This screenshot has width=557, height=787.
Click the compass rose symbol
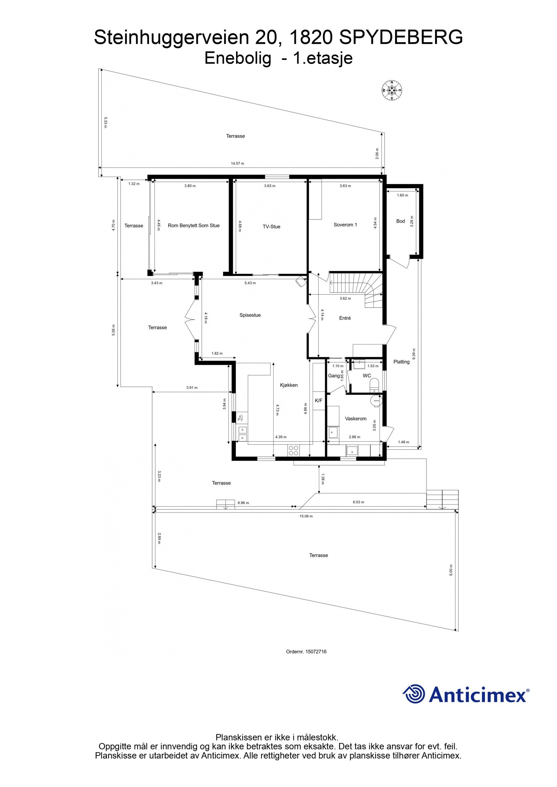[392, 90]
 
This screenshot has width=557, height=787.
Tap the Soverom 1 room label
[345, 225]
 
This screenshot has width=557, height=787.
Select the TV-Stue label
[271, 226]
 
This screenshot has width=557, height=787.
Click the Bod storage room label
[400, 221]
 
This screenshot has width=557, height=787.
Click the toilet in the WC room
[374, 385]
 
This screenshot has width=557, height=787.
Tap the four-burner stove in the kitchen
[293, 450]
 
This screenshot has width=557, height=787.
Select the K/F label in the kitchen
[319, 401]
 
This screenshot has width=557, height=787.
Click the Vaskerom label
[355, 419]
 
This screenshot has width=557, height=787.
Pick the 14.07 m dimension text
[237, 163]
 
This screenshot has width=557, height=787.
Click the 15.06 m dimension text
[306, 516]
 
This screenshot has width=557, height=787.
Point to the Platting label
[401, 362]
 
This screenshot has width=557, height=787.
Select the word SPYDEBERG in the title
[401, 38]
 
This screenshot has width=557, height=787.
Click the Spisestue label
[250, 315]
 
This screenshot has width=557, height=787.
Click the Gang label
[334, 376]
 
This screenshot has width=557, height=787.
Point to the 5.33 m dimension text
[105, 122]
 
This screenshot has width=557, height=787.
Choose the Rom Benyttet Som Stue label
[194, 225]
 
